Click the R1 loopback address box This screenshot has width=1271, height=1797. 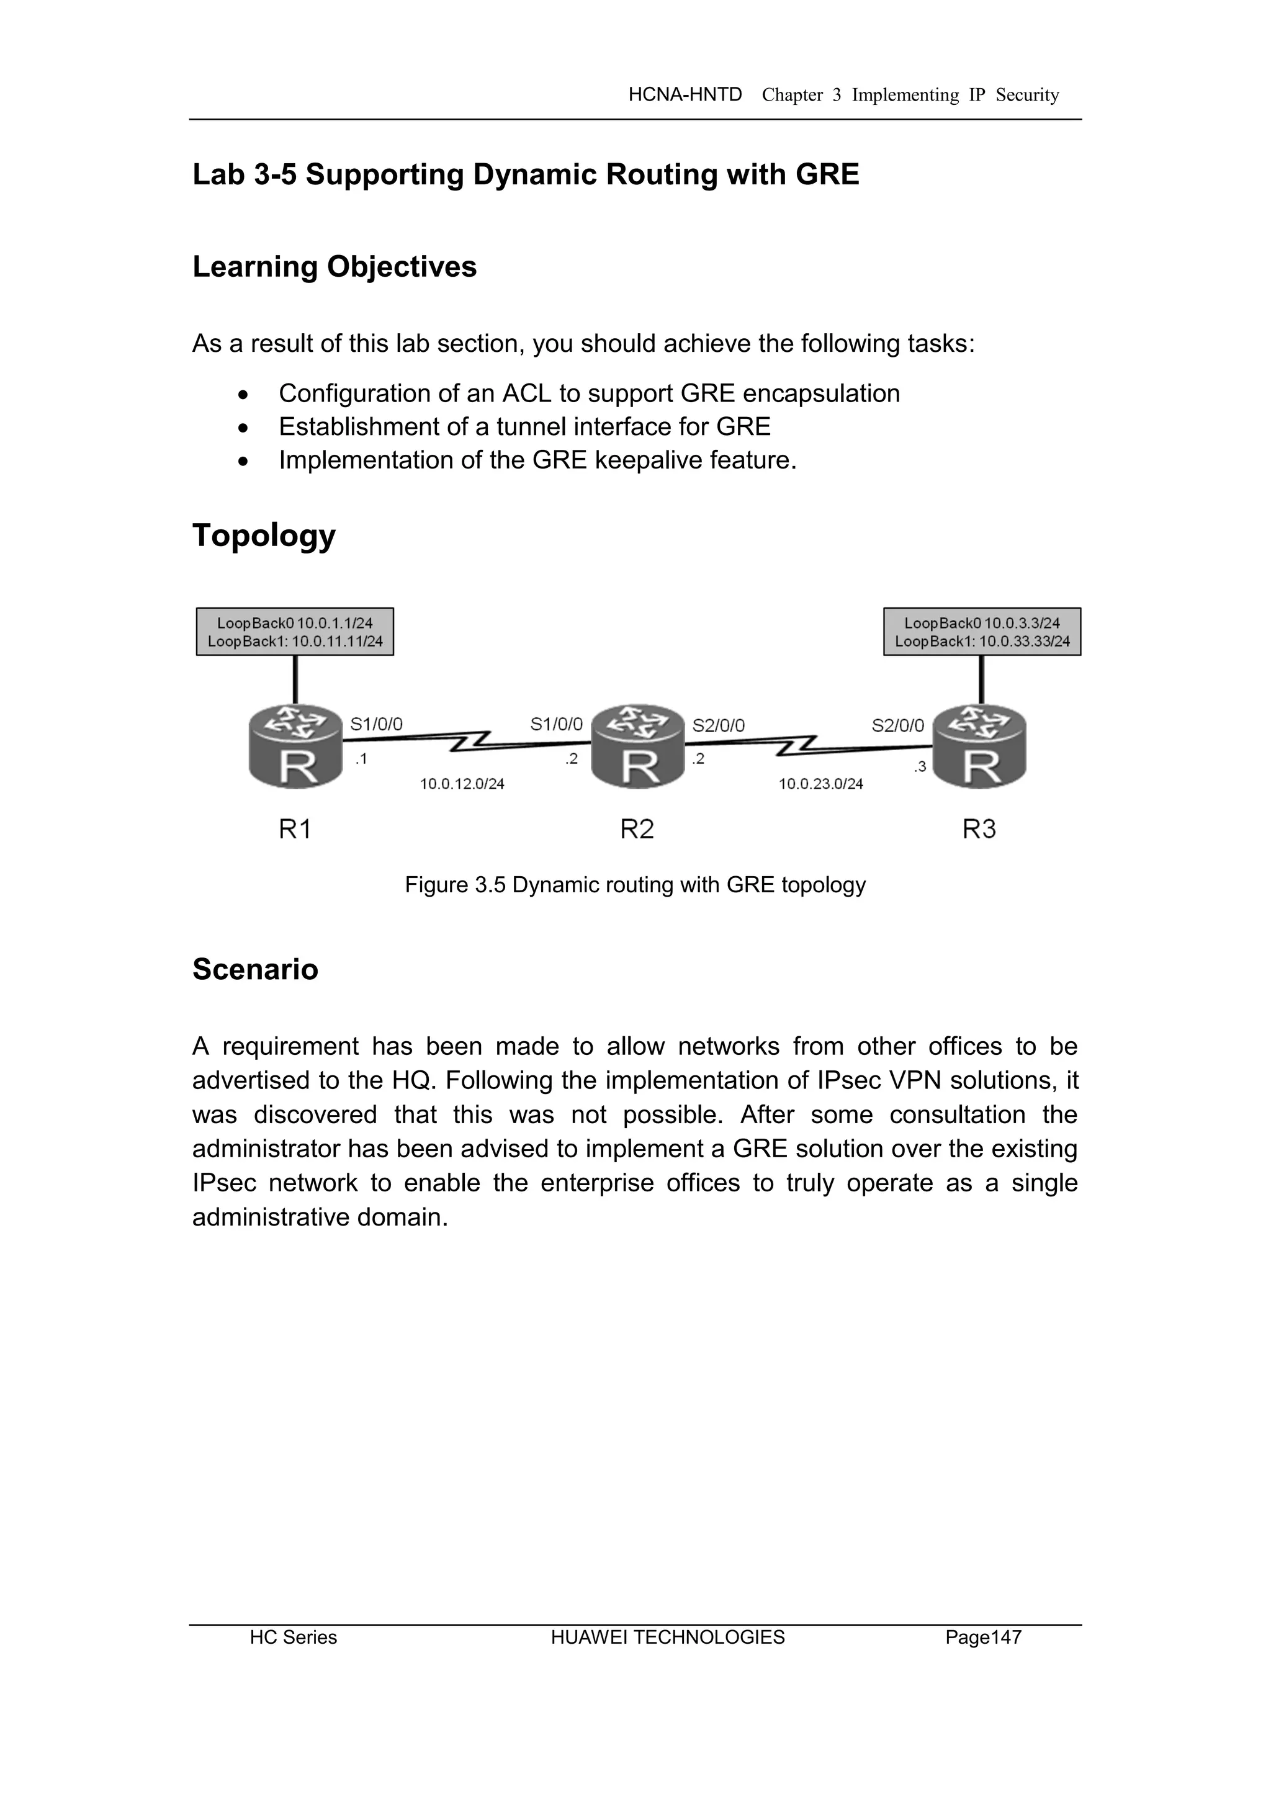coord(295,632)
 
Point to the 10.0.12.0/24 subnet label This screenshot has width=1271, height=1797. coord(462,784)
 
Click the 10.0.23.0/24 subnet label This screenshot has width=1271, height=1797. coord(820,784)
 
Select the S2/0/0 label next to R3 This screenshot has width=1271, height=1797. coord(897,725)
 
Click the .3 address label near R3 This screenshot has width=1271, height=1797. coord(920,767)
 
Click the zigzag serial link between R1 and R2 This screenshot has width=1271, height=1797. coord(470,741)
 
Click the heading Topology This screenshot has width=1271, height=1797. coord(264,536)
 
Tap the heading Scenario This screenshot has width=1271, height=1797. coord(255,969)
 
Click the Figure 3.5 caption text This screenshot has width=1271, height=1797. coord(635,885)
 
